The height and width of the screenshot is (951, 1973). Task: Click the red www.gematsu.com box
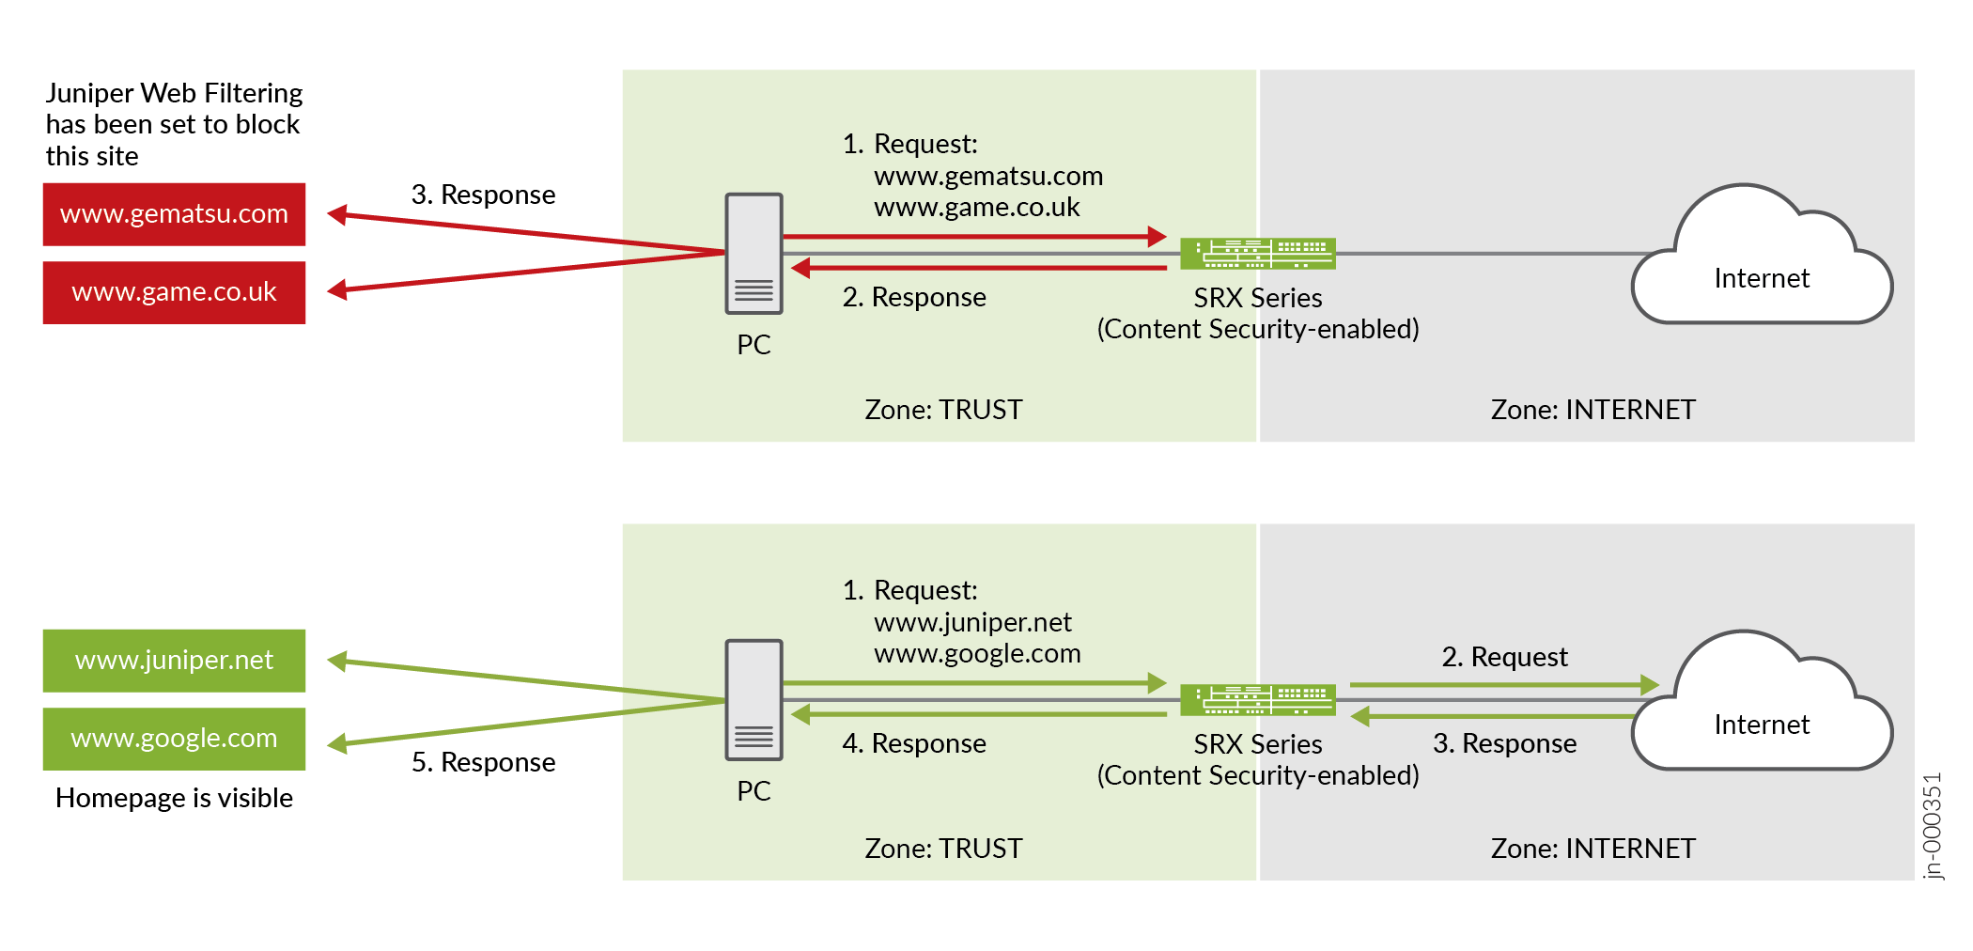(x=174, y=214)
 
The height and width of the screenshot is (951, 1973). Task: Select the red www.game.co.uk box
(x=174, y=292)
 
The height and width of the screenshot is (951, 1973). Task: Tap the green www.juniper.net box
(x=174, y=661)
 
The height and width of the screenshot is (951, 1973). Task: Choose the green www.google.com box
(x=174, y=739)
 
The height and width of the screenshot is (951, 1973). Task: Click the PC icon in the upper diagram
(x=753, y=254)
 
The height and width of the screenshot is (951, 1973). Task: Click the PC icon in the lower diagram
(x=753, y=700)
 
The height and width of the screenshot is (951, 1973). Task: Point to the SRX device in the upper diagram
(x=1257, y=254)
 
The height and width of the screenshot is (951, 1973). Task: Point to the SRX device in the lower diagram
(x=1257, y=700)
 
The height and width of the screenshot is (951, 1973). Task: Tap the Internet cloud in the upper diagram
(x=1762, y=263)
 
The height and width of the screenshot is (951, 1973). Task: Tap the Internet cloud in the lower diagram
(x=1762, y=709)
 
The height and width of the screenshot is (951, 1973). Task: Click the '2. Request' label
(x=1504, y=657)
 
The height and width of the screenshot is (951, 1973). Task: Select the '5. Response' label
(x=483, y=762)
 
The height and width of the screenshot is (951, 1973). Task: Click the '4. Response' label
(x=914, y=743)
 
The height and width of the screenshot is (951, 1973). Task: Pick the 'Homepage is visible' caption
(x=174, y=798)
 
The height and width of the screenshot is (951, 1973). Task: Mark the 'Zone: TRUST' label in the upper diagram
(x=943, y=410)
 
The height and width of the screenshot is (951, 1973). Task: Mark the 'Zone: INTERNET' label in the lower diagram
(x=1592, y=849)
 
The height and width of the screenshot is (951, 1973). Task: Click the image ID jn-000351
(x=1932, y=825)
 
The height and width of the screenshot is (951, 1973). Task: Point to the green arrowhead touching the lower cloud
(x=1649, y=685)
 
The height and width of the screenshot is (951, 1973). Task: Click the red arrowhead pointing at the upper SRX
(x=1157, y=237)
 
